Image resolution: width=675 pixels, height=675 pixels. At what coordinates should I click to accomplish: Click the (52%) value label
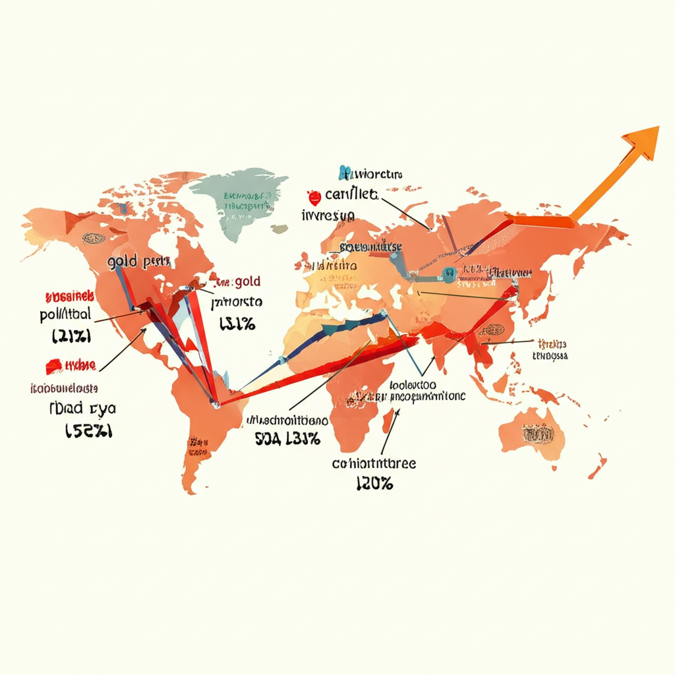tap(89, 430)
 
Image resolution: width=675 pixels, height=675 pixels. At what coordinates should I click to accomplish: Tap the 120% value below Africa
tap(374, 484)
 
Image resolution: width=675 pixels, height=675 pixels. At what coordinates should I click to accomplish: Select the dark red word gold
tap(247, 281)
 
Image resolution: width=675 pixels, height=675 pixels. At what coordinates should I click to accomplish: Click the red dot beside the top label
tap(313, 195)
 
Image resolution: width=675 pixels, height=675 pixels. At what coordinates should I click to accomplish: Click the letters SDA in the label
tap(268, 438)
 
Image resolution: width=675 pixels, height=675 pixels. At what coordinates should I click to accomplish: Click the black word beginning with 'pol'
tap(65, 314)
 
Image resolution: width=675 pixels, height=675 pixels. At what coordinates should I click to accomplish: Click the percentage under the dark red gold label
tap(237, 324)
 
